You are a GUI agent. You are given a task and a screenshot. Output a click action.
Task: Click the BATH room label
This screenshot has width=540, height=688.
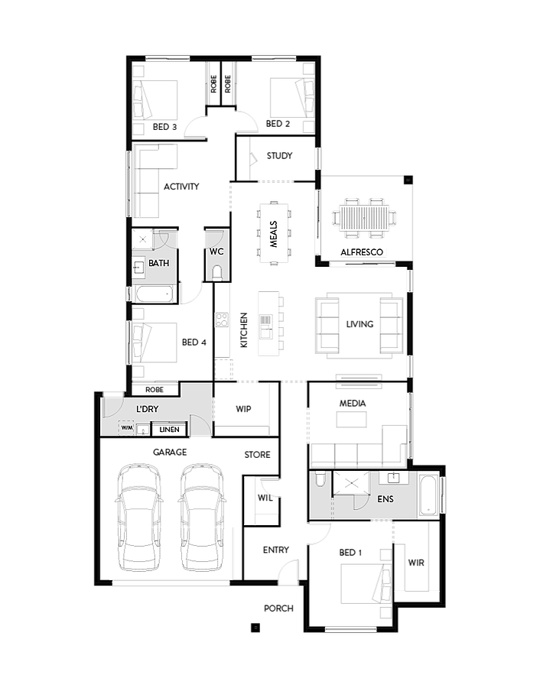tap(159, 263)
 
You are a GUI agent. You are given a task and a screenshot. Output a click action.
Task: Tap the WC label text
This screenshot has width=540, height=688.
tap(216, 251)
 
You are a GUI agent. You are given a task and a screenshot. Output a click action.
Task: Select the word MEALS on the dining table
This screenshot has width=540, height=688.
tap(274, 232)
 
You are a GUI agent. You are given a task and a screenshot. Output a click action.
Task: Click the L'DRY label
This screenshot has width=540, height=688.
tap(147, 409)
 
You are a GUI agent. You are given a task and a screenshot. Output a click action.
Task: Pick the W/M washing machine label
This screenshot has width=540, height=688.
tap(126, 429)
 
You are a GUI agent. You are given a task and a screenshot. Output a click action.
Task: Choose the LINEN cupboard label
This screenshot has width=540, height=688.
tap(170, 430)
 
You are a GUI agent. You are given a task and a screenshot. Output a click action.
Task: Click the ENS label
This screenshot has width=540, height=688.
tap(385, 499)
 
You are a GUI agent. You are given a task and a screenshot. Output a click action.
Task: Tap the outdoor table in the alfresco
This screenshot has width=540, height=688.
tap(364, 218)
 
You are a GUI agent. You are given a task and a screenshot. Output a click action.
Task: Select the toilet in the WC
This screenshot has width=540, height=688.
tap(217, 271)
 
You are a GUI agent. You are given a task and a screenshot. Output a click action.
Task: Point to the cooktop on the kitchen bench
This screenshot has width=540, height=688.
tap(222, 320)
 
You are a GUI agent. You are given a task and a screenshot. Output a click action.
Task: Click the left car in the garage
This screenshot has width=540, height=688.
tap(141, 549)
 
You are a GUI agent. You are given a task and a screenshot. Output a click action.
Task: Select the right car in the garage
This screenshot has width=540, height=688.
tap(202, 549)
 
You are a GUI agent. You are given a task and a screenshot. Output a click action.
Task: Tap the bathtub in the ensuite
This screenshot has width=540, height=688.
tap(429, 495)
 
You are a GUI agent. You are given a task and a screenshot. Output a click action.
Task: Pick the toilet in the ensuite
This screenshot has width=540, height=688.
tap(320, 479)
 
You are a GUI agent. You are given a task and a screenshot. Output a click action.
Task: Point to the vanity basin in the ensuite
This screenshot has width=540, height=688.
tap(395, 478)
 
